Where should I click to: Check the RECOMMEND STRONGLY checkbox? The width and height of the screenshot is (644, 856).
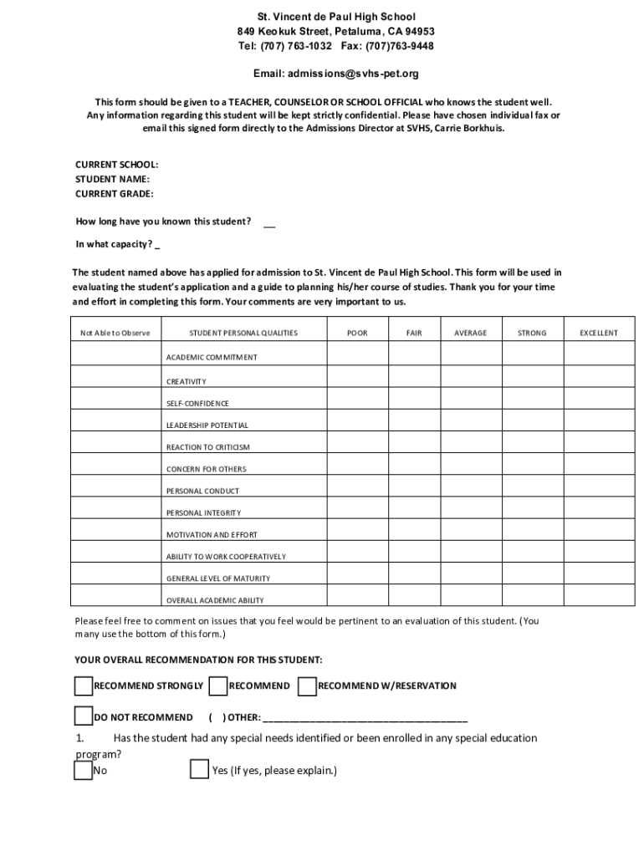tap(83, 686)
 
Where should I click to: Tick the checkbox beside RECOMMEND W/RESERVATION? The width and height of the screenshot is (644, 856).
tap(307, 686)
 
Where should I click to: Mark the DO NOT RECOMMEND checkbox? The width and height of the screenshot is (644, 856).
tap(83, 716)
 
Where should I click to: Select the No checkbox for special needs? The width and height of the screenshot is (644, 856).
tap(83, 770)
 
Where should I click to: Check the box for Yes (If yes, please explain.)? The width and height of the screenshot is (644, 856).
tap(199, 770)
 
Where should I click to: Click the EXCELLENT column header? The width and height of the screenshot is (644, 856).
tap(599, 333)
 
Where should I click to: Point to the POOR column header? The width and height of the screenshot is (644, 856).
tap(357, 333)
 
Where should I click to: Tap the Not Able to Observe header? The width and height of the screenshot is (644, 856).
tap(115, 333)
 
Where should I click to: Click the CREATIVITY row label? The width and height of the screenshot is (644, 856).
tap(186, 381)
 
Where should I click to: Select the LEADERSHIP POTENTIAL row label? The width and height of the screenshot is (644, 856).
tap(207, 425)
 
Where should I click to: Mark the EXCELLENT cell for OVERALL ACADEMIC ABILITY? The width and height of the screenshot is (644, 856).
tap(599, 595)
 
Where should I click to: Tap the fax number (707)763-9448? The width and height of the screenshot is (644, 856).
tap(399, 46)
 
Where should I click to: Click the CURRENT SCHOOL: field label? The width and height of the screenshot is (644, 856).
tap(117, 165)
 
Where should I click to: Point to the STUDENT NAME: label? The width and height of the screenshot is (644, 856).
tap(113, 179)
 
